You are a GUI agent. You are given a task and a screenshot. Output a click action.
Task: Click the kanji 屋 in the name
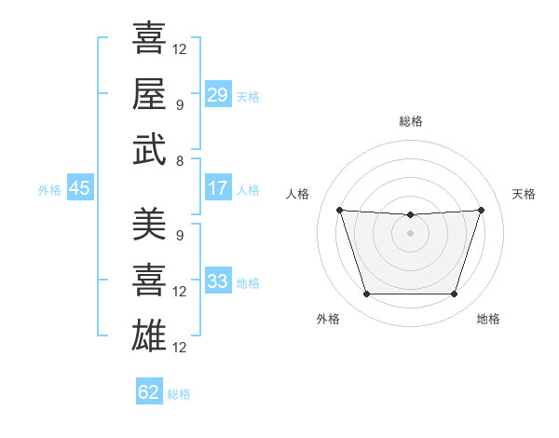click(x=149, y=93)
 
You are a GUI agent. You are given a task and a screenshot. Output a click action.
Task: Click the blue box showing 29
click(x=217, y=96)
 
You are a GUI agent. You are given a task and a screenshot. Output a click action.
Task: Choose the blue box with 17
click(x=217, y=189)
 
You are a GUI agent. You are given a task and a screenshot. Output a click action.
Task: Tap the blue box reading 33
click(x=217, y=282)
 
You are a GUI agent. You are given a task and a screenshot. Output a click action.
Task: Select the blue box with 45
click(x=79, y=189)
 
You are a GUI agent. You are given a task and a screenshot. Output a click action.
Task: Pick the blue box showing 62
click(x=149, y=392)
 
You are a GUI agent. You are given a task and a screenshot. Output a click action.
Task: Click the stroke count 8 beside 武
click(x=179, y=160)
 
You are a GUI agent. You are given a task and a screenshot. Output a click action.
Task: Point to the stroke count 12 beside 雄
click(x=180, y=348)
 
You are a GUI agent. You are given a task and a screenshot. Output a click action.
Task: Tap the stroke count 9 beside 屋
click(x=179, y=104)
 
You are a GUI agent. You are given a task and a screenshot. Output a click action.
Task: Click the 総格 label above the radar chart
click(x=410, y=121)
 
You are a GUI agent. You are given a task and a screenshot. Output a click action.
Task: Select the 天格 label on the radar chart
click(x=524, y=194)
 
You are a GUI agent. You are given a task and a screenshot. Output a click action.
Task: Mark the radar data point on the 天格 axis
click(x=481, y=210)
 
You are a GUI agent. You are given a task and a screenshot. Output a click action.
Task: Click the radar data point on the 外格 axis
click(x=366, y=294)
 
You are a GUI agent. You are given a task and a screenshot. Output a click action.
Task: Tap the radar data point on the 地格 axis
click(x=454, y=294)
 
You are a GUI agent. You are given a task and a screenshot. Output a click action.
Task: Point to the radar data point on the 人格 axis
click(x=339, y=210)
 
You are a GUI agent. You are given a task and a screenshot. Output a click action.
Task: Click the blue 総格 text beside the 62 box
click(x=179, y=393)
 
